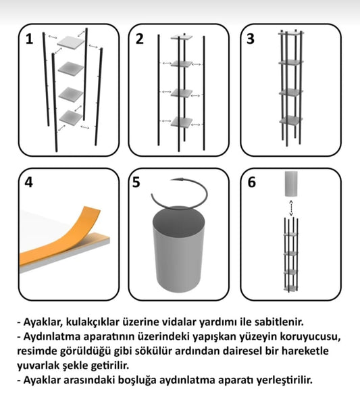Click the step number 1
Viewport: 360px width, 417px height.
click(29, 39)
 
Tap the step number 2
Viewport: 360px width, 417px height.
click(140, 39)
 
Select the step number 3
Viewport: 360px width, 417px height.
click(251, 39)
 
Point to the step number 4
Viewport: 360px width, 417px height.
click(28, 182)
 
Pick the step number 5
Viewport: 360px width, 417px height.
click(136, 182)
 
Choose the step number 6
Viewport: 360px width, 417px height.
click(252, 182)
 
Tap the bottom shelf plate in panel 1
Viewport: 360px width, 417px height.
click(70, 117)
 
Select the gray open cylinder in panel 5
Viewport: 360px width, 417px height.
click(178, 250)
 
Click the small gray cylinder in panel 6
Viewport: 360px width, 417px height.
click(291, 184)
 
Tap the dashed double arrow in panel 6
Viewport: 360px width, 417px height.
click(291, 208)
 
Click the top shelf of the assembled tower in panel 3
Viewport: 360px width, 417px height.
click(291, 33)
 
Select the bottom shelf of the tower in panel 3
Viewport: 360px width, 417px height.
click(291, 120)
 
